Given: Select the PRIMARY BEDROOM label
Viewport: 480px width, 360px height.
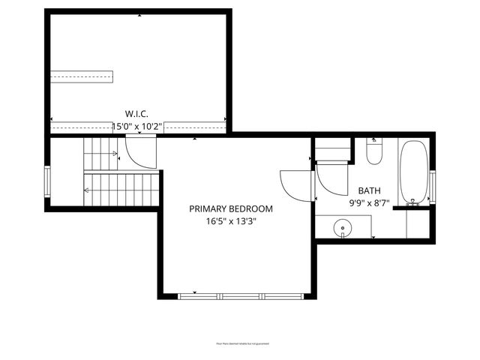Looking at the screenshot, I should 230,208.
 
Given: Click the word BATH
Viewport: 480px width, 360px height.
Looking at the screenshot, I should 368,190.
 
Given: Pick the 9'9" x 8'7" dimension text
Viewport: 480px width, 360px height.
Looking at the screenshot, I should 368,203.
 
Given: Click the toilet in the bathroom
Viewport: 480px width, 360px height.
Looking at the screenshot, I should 374,153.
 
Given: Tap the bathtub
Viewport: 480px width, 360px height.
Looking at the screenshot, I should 414,172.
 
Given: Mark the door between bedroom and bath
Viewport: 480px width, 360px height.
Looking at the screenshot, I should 295,184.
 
